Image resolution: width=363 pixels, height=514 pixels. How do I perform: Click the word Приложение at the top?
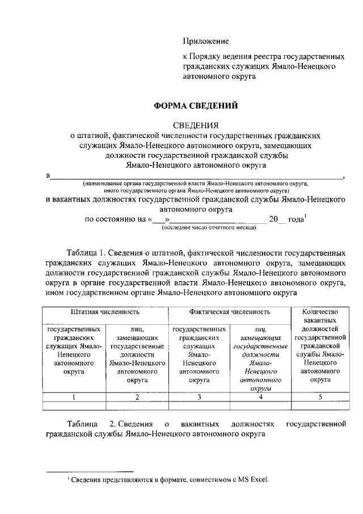click(x=205, y=41)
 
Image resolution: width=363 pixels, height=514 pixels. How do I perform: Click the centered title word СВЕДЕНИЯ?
click(x=195, y=126)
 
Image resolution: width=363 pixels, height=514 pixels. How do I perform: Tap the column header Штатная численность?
click(x=105, y=312)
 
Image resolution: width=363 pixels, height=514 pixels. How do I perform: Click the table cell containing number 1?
click(x=73, y=397)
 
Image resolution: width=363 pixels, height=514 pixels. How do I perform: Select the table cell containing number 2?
click(x=137, y=397)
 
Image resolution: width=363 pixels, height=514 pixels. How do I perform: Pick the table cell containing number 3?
click(x=199, y=397)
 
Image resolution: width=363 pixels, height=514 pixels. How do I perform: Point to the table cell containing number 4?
click(x=260, y=397)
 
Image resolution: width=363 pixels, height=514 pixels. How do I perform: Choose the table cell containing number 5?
click(x=320, y=397)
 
